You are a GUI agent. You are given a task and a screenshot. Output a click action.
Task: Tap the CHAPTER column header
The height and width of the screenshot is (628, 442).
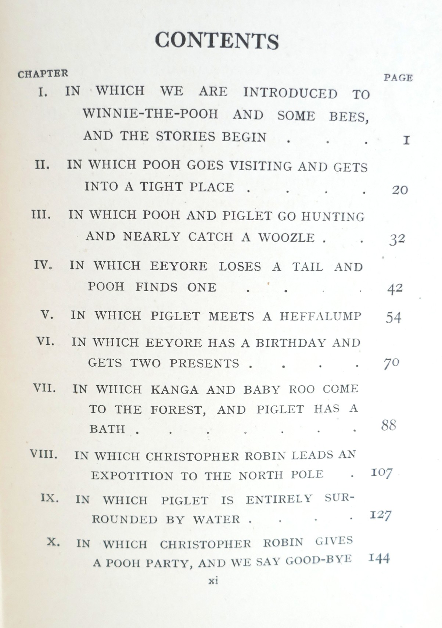pos(43,74)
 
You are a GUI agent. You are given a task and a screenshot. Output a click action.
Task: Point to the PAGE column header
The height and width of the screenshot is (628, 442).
pos(398,78)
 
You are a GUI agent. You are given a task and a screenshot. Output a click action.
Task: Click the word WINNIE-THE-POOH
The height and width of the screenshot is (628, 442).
pos(151,114)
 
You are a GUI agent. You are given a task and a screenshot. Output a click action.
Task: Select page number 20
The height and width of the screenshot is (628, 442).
pos(400,190)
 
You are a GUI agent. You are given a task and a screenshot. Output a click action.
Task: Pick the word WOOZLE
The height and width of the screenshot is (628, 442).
pos(287,238)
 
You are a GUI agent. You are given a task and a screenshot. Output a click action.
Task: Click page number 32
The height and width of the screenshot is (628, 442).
pos(397,239)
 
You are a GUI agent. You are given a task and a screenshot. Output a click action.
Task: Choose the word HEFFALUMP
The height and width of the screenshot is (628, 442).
pos(320,316)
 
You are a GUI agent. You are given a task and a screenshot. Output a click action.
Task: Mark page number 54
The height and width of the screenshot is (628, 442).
pos(393,317)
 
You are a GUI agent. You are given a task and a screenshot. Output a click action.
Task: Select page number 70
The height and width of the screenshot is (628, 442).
pos(391,363)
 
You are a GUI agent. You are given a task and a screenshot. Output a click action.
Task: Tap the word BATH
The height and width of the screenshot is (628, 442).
pos(107,429)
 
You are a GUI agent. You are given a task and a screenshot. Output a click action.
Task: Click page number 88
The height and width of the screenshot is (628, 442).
pos(389,425)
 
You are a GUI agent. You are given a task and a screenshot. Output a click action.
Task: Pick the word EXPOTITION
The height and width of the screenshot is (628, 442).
pos(132,476)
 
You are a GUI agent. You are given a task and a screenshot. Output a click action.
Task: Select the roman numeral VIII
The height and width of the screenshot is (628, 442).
pos(44,455)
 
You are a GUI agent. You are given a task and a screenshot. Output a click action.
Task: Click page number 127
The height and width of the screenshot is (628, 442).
pos(380,515)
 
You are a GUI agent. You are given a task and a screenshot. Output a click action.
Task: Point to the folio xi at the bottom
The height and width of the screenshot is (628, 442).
pos(213,581)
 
